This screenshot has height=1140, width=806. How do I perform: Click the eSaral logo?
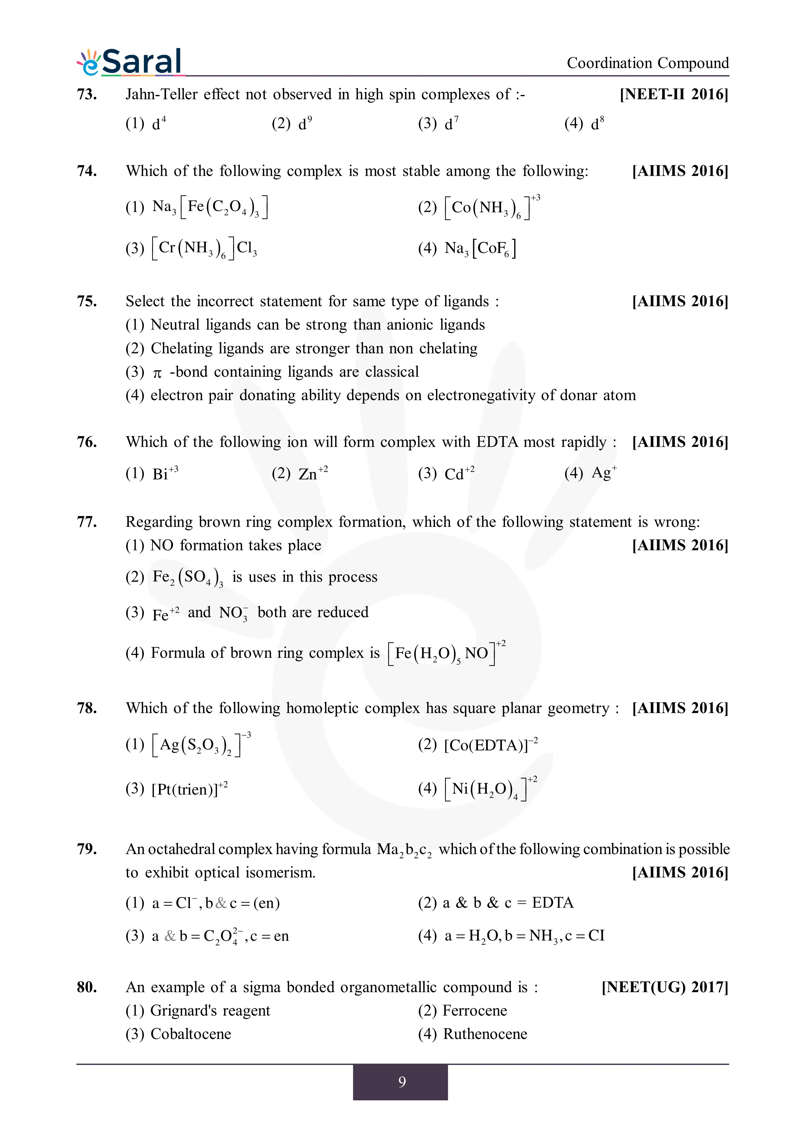pyautogui.click(x=130, y=62)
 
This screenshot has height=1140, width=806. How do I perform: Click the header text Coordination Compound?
pyautogui.click(x=648, y=63)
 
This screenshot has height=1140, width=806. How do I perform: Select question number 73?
pyautogui.click(x=87, y=94)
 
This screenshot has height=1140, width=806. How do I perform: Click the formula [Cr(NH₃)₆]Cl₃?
pyautogui.click(x=204, y=248)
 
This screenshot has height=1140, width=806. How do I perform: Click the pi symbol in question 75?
pyautogui.click(x=157, y=373)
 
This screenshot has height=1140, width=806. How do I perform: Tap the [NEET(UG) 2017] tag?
pyautogui.click(x=665, y=987)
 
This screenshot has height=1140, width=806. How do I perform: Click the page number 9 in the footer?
pyautogui.click(x=402, y=1082)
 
